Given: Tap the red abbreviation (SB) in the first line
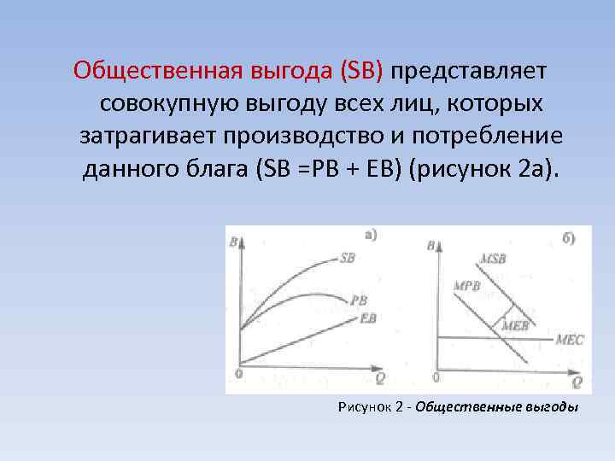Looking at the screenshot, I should pos(361,69).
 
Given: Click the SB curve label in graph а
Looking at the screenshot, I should pos(347,257).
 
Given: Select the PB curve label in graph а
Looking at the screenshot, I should pos(359,301).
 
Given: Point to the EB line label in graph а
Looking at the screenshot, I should pos(369,318).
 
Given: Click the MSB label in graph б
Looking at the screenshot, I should pos(493,258).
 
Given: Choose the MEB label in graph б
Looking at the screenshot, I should pos(515,325).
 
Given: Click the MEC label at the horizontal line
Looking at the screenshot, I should pos(569,339).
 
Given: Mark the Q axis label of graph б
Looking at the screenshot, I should pos(577,382).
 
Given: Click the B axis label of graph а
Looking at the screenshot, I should pos(233,243).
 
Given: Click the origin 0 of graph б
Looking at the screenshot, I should pos(436,376).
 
